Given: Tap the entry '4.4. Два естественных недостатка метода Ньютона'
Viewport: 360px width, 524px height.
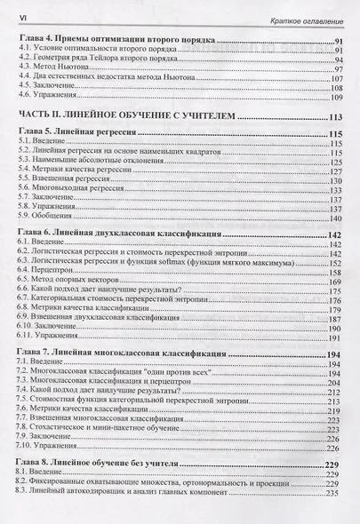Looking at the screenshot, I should [97, 77].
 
